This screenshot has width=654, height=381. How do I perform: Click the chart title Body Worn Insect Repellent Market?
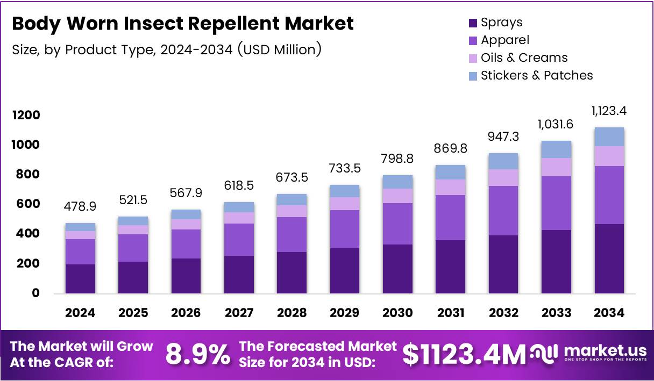(x=183, y=24)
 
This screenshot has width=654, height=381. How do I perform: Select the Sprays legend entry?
(x=495, y=23)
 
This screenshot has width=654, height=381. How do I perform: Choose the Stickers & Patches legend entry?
(x=530, y=75)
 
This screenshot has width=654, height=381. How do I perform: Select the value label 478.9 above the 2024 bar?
(x=81, y=206)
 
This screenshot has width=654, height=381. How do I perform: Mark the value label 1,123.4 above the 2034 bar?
(x=609, y=111)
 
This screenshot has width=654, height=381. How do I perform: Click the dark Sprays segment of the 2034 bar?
(x=609, y=258)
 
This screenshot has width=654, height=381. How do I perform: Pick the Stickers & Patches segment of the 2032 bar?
(x=503, y=161)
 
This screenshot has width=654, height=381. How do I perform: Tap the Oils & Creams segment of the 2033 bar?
(x=556, y=167)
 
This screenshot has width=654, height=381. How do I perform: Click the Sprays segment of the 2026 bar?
(x=186, y=276)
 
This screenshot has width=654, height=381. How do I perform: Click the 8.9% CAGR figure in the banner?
(x=197, y=354)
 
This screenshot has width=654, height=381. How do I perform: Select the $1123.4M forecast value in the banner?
(x=464, y=354)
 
